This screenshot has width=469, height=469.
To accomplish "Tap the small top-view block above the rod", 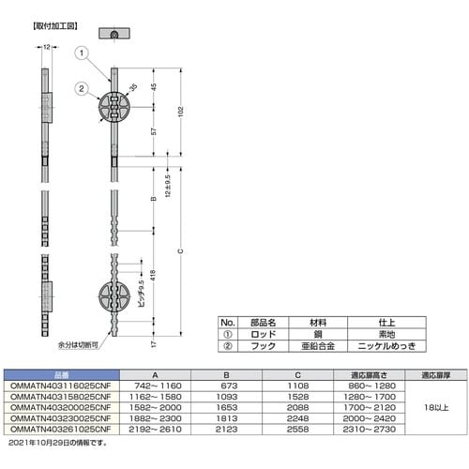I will click(x=113, y=35).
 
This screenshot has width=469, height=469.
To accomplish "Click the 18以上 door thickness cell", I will click(x=437, y=406).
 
